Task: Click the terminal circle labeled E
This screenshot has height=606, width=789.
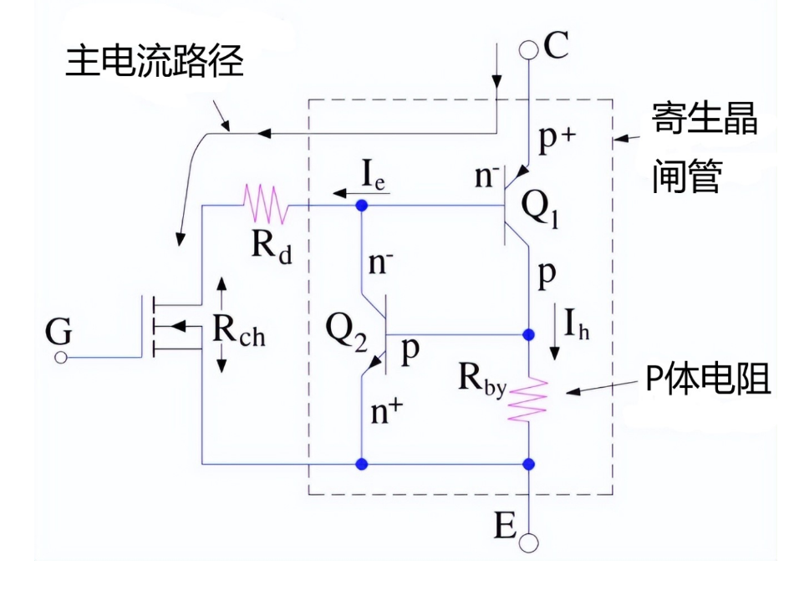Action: click(529, 543)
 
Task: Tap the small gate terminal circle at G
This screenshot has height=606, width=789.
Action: click(61, 358)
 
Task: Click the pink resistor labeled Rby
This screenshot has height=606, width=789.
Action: click(529, 400)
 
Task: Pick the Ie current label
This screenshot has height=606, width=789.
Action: click(374, 177)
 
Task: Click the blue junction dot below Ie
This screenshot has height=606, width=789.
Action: click(362, 205)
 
